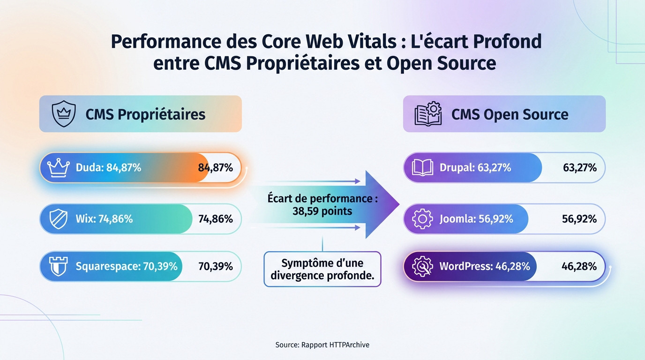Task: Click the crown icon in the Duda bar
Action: tap(59, 167)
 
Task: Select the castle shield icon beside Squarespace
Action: tap(59, 266)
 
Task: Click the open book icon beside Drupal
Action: tap(422, 167)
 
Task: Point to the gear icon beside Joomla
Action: tap(422, 218)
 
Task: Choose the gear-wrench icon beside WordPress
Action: tap(422, 266)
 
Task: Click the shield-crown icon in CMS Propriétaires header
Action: tap(63, 114)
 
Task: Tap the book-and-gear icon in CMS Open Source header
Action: tap(427, 114)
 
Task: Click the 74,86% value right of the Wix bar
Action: tap(216, 218)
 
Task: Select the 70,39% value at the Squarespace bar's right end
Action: tap(216, 266)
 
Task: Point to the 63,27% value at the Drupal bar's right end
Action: tap(579, 167)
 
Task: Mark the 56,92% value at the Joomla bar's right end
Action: tap(579, 218)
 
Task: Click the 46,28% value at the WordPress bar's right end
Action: tap(579, 266)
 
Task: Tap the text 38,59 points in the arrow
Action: tap(322, 211)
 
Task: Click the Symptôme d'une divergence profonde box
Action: tap(322, 269)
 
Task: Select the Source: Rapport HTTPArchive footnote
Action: tap(322, 345)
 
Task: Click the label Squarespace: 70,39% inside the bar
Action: tap(127, 266)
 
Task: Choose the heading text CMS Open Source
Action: tap(510, 114)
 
